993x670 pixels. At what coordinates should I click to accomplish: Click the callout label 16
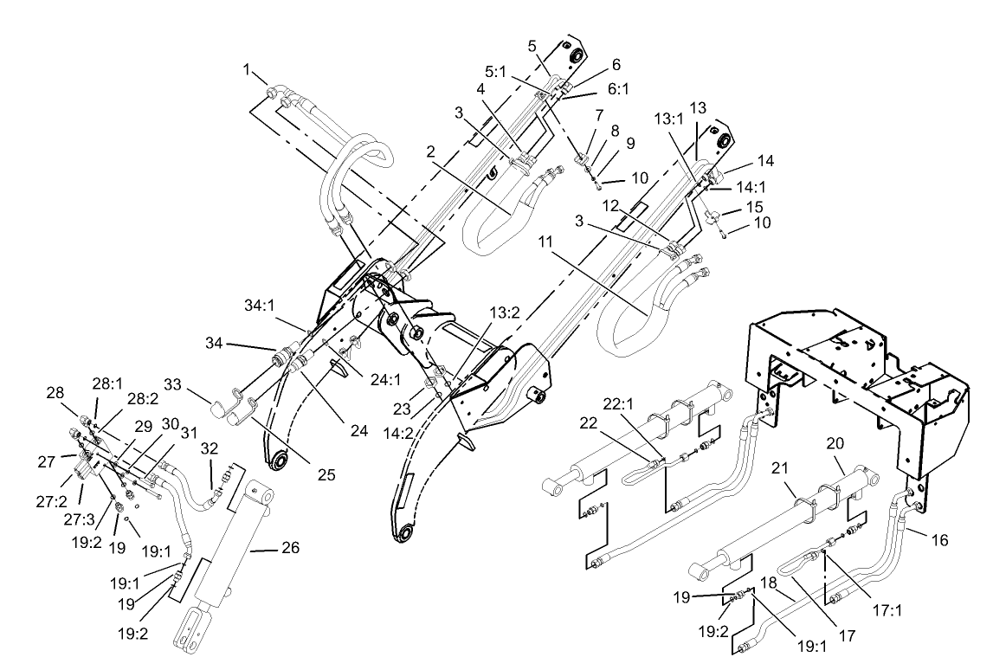[938, 540]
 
